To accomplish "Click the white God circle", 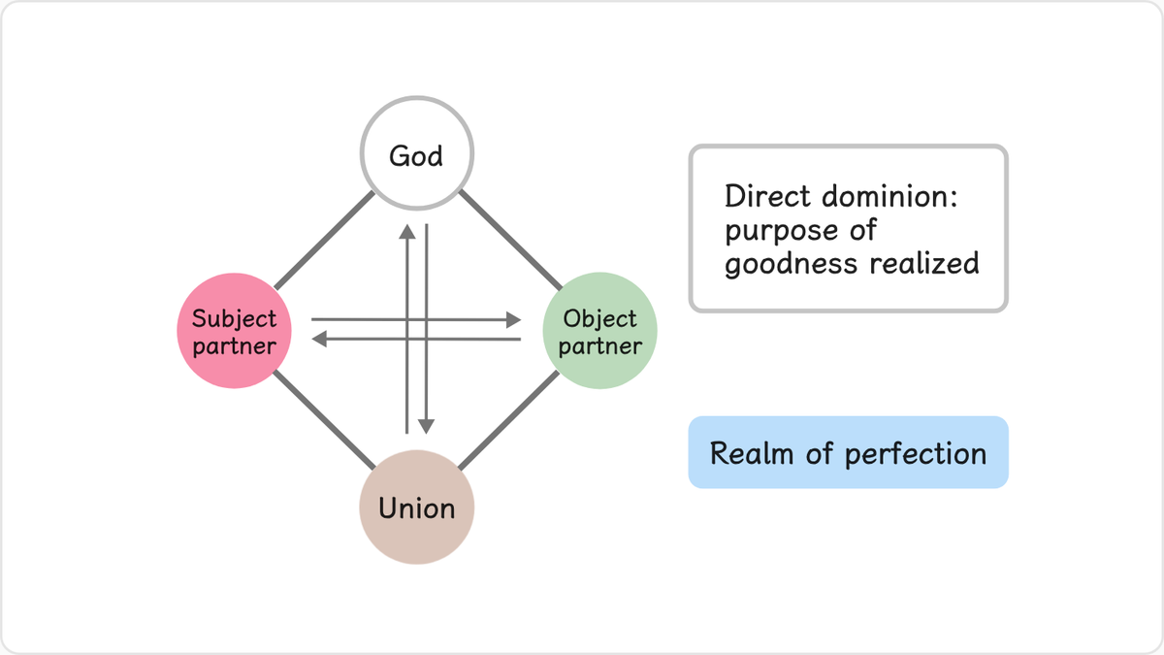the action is [417, 153].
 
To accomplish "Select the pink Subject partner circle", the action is [234, 331].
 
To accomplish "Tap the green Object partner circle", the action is [599, 331].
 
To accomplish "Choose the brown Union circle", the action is [417, 508].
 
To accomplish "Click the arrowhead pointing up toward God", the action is [406, 232].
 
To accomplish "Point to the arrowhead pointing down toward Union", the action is [426, 426].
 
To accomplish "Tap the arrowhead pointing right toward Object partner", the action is [513, 319].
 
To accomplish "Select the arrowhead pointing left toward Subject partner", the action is [319, 339].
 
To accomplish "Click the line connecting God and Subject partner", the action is [324, 241].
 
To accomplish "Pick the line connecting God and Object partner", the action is [510, 241].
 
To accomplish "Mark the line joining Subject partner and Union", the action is [324, 419].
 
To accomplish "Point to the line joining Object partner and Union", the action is [508, 420].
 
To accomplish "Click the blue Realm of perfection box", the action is [848, 452].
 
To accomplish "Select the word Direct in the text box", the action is [767, 196].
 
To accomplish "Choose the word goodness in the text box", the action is [791, 265].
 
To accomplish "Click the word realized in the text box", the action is [924, 263].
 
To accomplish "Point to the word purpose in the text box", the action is [781, 231].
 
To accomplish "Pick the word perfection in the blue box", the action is [916, 454].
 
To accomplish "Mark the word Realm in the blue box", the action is [752, 453].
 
